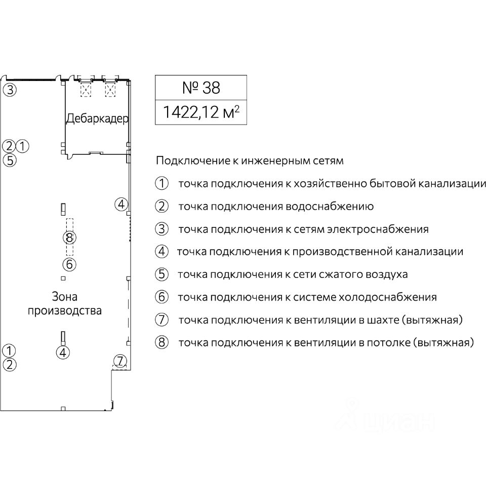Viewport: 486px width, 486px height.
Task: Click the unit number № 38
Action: click(x=200, y=88)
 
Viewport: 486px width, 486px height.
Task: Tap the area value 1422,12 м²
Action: click(x=200, y=112)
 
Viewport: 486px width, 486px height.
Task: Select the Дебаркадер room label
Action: click(x=97, y=118)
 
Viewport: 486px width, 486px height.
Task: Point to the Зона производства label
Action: click(x=64, y=303)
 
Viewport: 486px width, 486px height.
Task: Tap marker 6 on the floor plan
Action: click(x=69, y=264)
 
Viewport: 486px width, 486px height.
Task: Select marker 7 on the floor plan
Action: click(x=120, y=361)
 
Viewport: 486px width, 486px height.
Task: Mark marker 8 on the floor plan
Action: click(x=70, y=237)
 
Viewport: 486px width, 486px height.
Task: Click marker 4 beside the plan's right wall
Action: click(x=121, y=205)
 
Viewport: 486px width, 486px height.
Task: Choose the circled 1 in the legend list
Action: click(x=161, y=183)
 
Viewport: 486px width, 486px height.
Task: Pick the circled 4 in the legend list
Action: click(x=161, y=252)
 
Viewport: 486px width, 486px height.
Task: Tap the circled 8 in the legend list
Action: click(x=161, y=343)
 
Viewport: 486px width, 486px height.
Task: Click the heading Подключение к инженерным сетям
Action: click(x=250, y=161)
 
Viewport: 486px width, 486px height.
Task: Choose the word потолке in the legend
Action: click(x=384, y=343)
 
